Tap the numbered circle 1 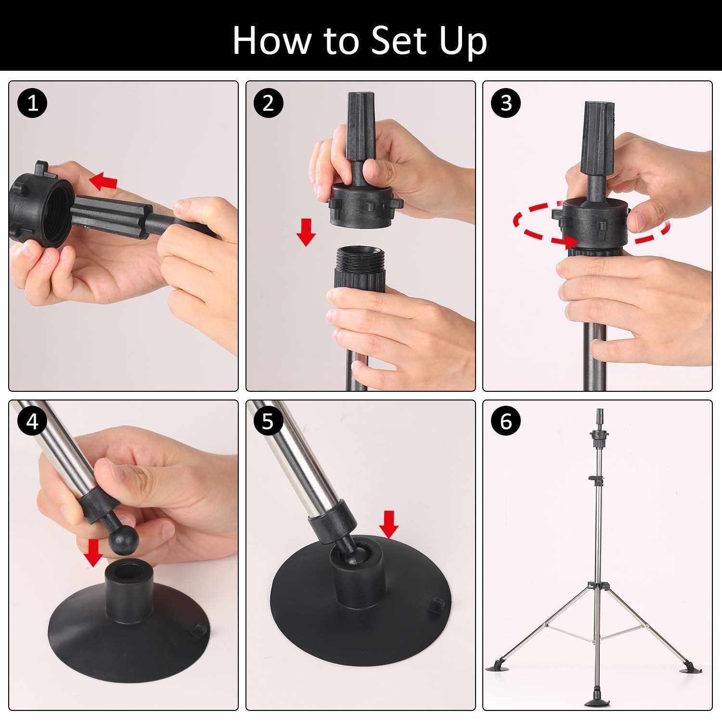click(x=33, y=103)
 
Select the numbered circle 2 click(x=269, y=103)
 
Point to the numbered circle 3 click(x=506, y=103)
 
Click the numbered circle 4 click(x=33, y=422)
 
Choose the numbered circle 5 click(x=269, y=422)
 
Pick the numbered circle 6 click(x=506, y=422)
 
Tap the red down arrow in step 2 click(x=306, y=232)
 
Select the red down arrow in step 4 click(x=93, y=553)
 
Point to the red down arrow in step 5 click(x=388, y=525)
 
